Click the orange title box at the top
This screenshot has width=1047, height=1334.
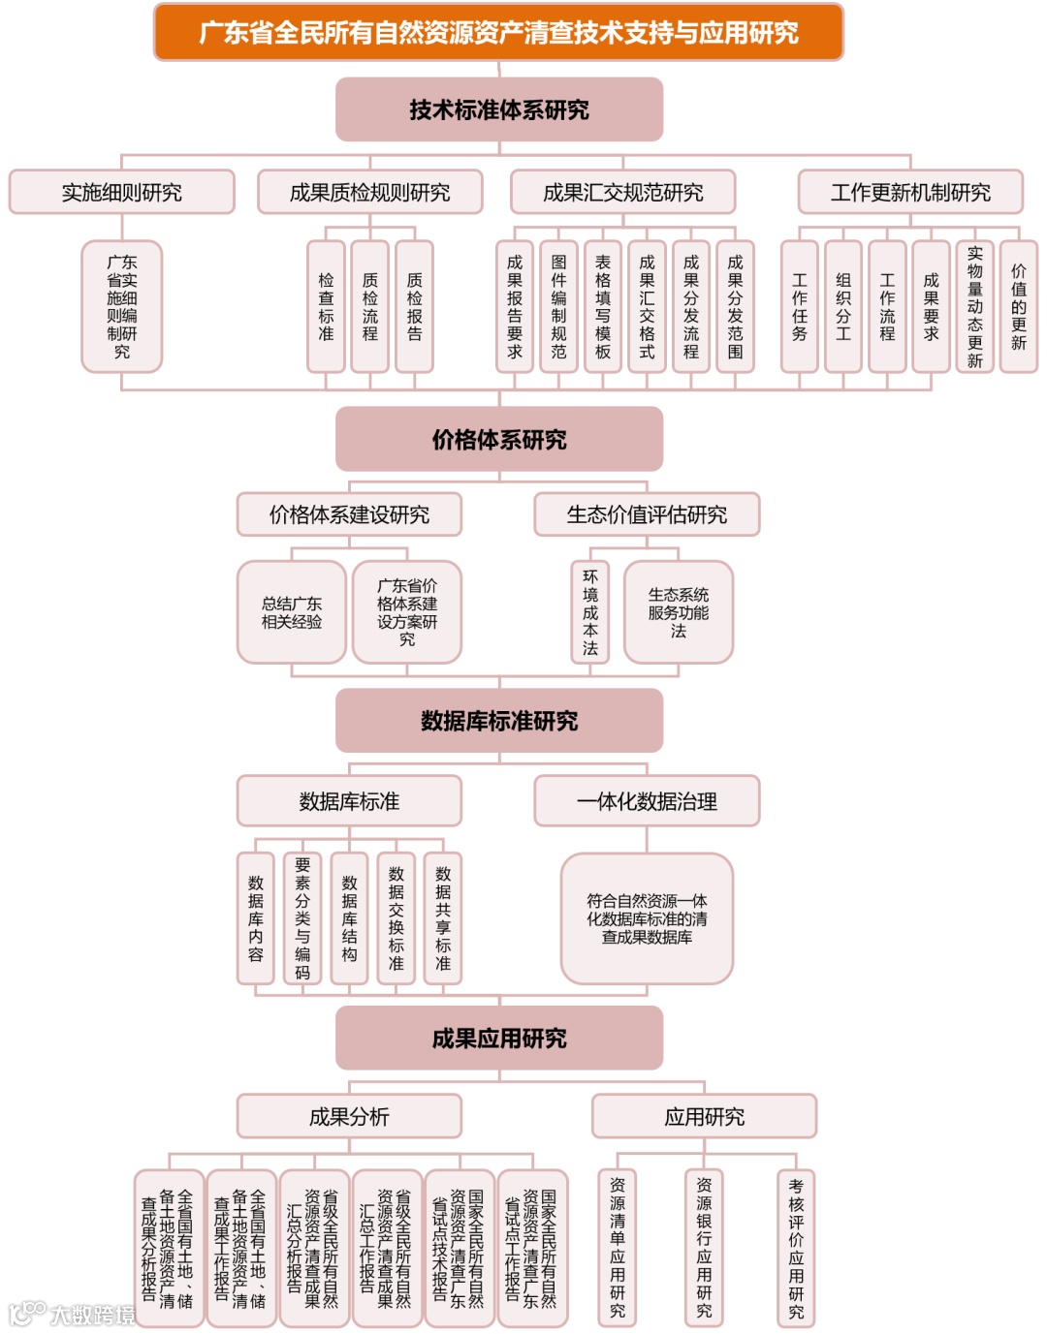tap(498, 32)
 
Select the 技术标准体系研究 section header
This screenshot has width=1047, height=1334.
tap(498, 109)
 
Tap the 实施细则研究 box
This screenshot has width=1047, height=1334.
tap(121, 192)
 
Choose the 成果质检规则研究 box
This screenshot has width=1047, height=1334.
tap(369, 192)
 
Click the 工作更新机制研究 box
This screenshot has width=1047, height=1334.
tap(909, 192)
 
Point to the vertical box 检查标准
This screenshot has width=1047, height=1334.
tap(326, 306)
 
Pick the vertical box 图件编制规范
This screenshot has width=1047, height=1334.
tap(558, 306)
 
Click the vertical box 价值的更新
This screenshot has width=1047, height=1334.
tap(1018, 306)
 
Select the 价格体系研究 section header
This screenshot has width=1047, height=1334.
tap(498, 439)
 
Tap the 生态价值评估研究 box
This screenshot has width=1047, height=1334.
tap(647, 514)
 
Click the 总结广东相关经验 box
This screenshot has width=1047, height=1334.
tap(291, 612)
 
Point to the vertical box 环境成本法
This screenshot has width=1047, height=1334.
tap(590, 612)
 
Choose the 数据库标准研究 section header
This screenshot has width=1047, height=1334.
tap(498, 721)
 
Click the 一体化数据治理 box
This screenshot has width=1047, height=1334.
tap(647, 801)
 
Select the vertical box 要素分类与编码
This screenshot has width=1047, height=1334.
tap(302, 918)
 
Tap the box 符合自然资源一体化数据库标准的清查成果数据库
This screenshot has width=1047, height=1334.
tap(647, 918)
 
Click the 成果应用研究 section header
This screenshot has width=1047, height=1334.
tap(498, 1039)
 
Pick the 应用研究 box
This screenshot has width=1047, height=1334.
tap(704, 1117)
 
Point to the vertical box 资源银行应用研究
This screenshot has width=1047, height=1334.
tap(704, 1248)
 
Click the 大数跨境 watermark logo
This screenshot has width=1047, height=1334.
tap(73, 1314)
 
